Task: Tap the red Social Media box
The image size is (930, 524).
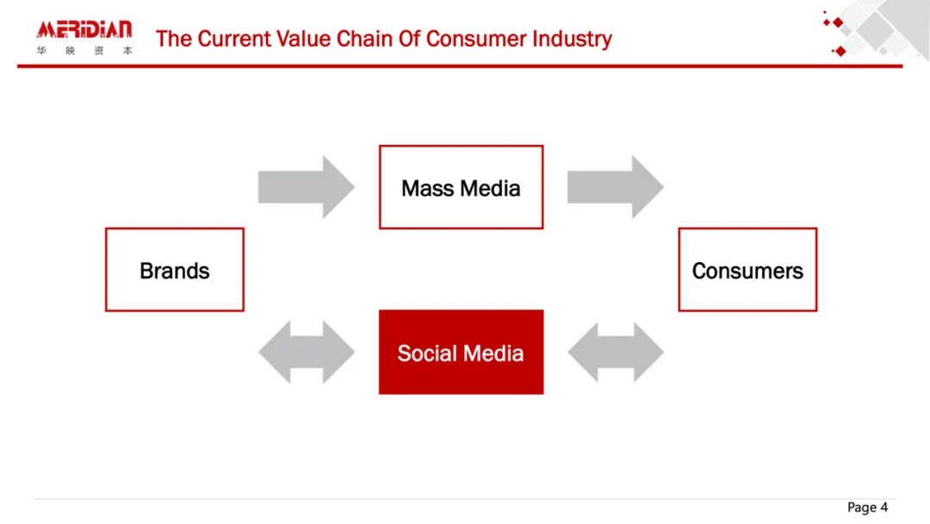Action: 461,352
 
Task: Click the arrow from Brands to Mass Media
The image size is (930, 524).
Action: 306,187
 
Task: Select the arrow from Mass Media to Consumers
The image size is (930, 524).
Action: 616,187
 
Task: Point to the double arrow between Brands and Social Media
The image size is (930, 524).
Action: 306,352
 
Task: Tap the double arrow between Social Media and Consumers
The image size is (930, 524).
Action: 616,352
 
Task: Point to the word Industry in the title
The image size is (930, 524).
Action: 572,39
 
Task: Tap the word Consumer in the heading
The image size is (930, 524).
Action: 475,39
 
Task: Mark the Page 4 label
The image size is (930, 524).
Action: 867,508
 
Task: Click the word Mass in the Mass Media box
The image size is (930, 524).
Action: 428,188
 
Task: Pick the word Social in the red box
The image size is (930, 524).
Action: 428,353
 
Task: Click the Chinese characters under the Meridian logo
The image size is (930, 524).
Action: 84,51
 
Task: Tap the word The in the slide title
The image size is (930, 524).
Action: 174,39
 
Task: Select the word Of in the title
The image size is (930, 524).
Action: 409,39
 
